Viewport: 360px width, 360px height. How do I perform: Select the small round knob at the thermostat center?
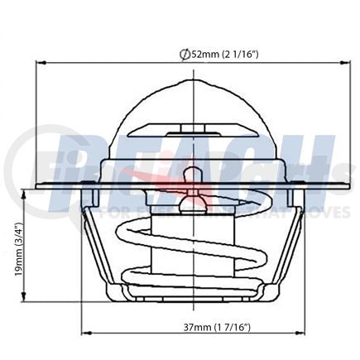click(x=191, y=175)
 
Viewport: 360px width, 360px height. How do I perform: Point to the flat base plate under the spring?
click(x=191, y=296)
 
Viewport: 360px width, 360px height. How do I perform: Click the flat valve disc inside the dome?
click(x=191, y=131)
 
